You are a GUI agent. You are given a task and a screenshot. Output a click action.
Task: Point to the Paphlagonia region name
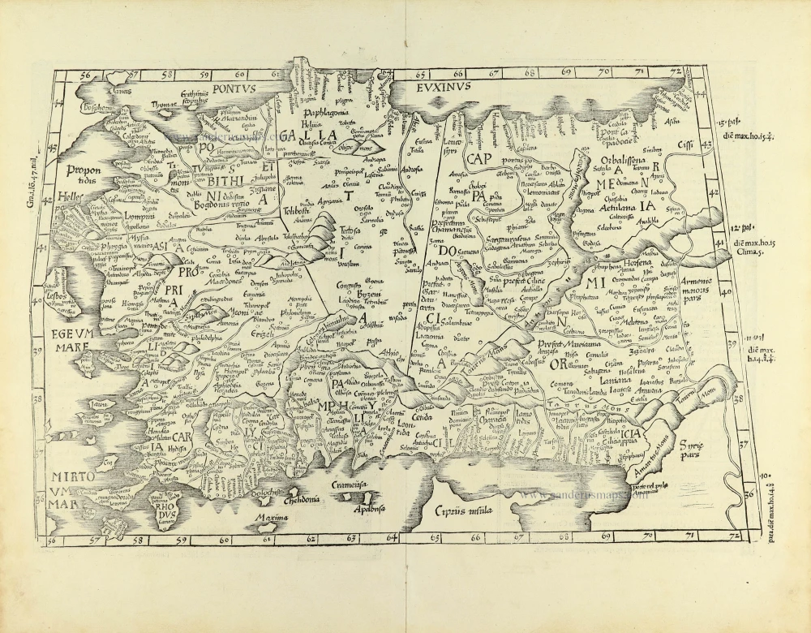324,114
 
